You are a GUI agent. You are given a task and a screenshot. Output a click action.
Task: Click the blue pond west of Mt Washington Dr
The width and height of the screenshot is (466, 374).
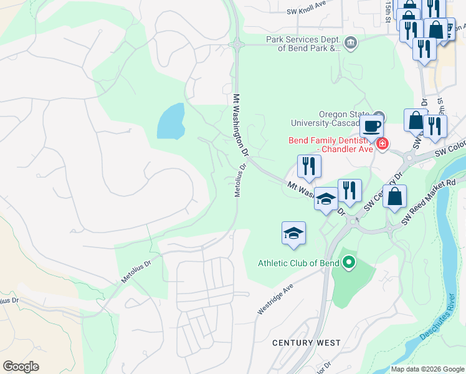pos(171,121)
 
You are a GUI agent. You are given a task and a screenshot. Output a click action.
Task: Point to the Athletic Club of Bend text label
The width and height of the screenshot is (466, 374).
pos(298,263)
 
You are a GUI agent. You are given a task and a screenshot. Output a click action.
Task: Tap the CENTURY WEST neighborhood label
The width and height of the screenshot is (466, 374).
pos(306,343)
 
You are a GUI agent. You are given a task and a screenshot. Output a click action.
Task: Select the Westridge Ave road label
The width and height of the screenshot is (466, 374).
pos(275,300)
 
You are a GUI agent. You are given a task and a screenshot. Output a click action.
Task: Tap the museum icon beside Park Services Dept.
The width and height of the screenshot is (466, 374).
pos(350,43)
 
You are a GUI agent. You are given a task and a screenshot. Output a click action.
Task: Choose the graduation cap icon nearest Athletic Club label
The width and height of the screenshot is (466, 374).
pos(293,234)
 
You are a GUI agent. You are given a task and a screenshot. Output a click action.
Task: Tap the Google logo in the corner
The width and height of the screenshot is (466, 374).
pos(21,366)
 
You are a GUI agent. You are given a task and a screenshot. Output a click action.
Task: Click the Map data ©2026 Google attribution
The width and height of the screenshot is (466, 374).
pos(427,369)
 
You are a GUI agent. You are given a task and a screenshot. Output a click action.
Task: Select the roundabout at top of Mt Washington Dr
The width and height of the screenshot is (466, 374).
pos(237,44)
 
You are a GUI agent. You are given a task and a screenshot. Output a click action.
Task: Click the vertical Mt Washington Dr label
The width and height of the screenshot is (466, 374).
pos(240,125)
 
